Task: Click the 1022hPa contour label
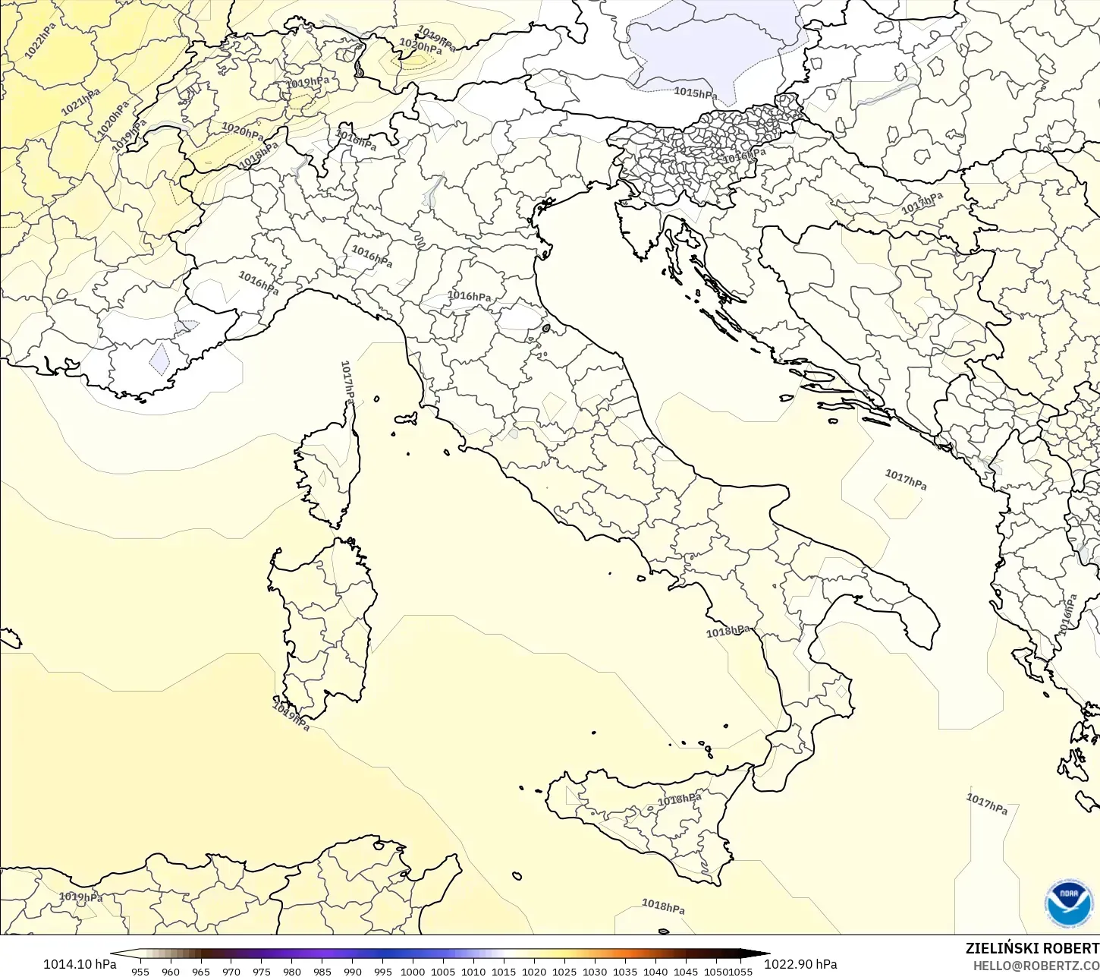(40, 41)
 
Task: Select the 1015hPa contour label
(695, 93)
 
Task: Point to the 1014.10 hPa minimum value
(80, 964)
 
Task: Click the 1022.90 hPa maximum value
(800, 964)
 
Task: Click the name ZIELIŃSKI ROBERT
(1032, 948)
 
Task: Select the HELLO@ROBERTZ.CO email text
(1036, 966)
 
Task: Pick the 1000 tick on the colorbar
(413, 971)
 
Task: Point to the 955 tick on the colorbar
(140, 971)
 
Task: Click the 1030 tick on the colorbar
(595, 971)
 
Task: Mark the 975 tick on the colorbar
(262, 971)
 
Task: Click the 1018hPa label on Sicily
(679, 799)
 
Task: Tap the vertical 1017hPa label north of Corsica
(347, 381)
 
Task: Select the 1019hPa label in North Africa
(80, 897)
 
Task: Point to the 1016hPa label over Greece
(1068, 615)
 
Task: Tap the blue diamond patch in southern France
(159, 359)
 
